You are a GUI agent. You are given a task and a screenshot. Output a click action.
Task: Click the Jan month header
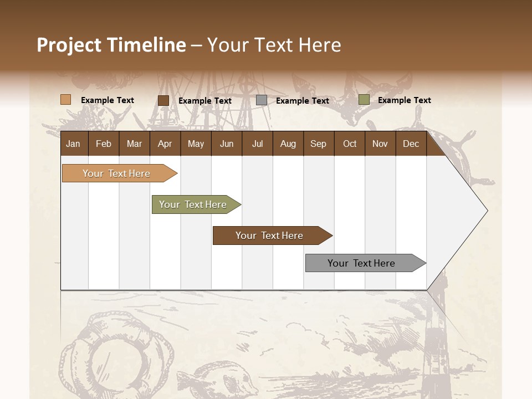coord(73,144)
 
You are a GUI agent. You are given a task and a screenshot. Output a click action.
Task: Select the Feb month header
coord(104,144)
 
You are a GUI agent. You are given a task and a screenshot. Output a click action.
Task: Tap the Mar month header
coord(134,144)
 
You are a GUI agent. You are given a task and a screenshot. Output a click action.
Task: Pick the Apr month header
coord(165,144)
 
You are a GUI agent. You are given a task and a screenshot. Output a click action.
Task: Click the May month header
coord(196,144)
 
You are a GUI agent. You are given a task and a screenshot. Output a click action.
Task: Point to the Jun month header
coord(227,144)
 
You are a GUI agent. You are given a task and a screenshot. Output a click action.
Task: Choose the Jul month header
coord(257,144)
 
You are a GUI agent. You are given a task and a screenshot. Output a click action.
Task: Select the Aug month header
coord(288,144)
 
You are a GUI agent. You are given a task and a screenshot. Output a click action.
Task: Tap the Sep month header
coord(319,144)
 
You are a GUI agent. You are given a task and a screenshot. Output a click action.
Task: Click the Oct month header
coord(350,144)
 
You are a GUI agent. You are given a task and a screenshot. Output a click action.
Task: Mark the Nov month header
coord(380,144)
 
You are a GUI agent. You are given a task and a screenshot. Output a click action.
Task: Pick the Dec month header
coord(411,144)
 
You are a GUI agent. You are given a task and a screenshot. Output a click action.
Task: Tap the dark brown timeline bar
coord(270,236)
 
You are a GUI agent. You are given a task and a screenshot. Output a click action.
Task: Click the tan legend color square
coord(66,100)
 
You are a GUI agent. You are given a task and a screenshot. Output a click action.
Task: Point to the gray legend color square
coord(262,100)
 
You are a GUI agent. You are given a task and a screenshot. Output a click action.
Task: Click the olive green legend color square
coord(364,100)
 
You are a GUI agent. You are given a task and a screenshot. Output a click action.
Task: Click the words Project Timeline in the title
coord(111,45)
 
